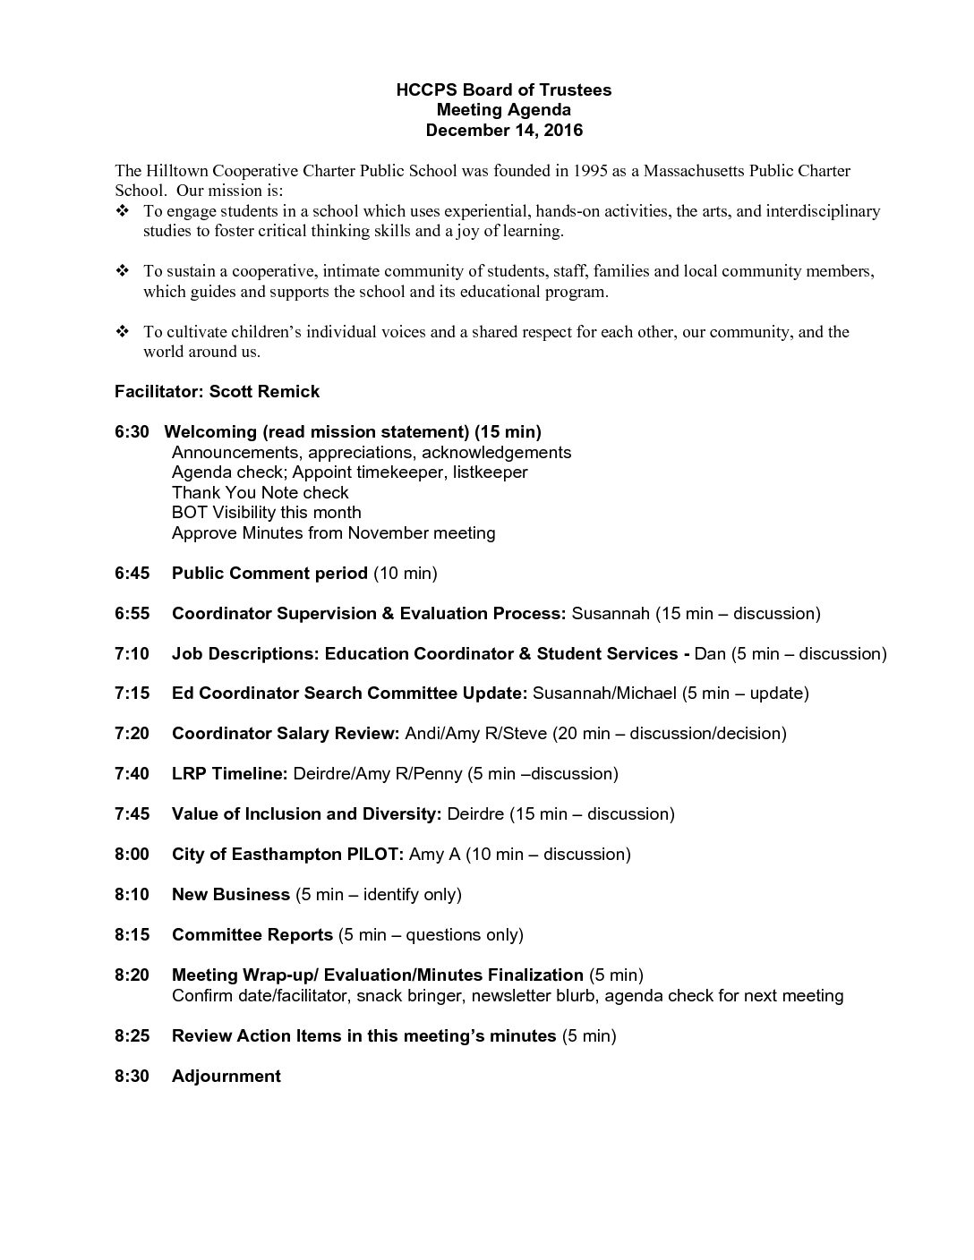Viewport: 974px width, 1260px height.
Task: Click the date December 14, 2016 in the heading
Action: click(x=504, y=131)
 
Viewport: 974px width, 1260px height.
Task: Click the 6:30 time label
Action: click(x=132, y=432)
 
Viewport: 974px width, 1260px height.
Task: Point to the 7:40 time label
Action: click(x=132, y=773)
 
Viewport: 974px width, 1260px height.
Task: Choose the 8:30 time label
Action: click(x=132, y=1076)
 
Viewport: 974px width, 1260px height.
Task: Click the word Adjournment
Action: click(x=226, y=1076)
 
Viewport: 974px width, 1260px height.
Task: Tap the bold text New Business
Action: click(x=231, y=894)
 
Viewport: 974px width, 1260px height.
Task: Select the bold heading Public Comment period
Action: click(x=269, y=573)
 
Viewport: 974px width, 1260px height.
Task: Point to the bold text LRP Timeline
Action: click(x=229, y=773)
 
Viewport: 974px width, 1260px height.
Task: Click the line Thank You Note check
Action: click(x=260, y=492)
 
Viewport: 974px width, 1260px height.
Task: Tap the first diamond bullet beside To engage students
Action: click(x=123, y=211)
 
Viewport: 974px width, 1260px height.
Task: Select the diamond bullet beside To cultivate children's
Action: click(x=123, y=332)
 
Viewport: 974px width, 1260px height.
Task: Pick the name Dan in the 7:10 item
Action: click(x=710, y=653)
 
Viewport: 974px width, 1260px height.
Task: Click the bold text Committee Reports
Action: click(x=252, y=934)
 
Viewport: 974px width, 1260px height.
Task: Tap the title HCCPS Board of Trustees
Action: click(x=504, y=89)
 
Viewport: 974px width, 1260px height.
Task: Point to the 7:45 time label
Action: click(x=132, y=813)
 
